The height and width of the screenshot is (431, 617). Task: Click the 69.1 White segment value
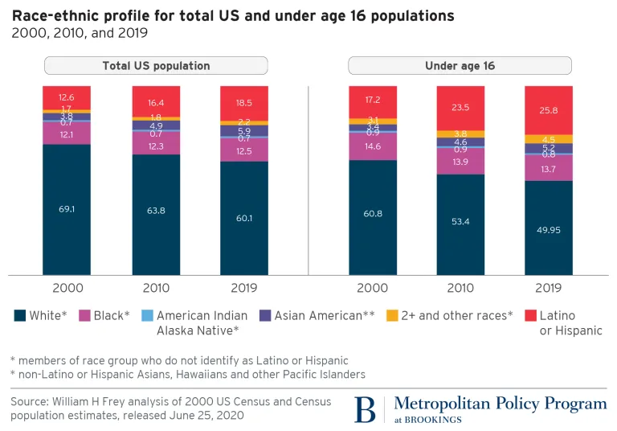click(67, 209)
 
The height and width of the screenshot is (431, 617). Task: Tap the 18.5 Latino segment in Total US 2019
click(243, 104)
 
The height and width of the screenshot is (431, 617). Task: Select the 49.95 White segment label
click(548, 229)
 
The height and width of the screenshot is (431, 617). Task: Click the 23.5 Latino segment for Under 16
click(460, 106)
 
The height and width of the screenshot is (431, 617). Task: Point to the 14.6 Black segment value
click(372, 147)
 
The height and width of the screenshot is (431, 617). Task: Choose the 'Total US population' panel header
click(156, 66)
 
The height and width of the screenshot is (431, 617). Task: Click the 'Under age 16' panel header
click(460, 66)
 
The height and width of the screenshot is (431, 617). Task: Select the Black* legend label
click(112, 316)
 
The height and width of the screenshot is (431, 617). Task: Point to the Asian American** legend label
click(325, 316)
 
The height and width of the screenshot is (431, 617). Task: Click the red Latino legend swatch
click(529, 316)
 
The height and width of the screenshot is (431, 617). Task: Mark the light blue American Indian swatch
click(145, 316)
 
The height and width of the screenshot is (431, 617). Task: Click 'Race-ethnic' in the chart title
click(55, 16)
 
